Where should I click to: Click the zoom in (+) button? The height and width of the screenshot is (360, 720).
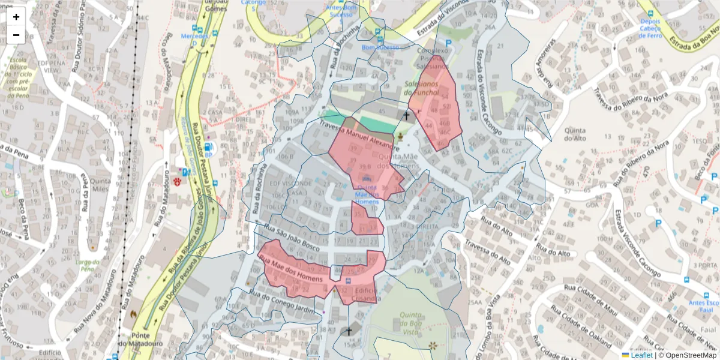pyautogui.click(x=16, y=17)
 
